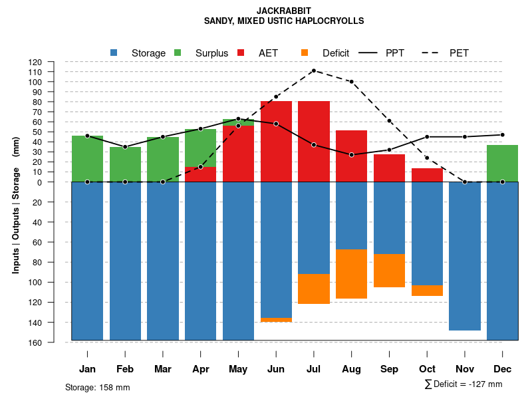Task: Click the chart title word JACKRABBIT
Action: point(284,11)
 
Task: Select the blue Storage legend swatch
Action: point(114,53)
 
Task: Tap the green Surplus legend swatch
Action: point(178,53)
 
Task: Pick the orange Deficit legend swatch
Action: point(305,53)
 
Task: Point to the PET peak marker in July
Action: point(313,70)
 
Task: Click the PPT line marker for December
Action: point(502,135)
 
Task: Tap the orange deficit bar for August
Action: point(351,274)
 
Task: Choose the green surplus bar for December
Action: point(502,163)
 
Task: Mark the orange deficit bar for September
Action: point(389,271)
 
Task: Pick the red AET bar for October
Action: point(427,175)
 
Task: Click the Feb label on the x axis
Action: point(125,369)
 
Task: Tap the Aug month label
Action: point(351,369)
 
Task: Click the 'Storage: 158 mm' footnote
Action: point(97,387)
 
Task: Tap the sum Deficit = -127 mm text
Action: point(463,384)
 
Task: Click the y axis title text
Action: point(15,204)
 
